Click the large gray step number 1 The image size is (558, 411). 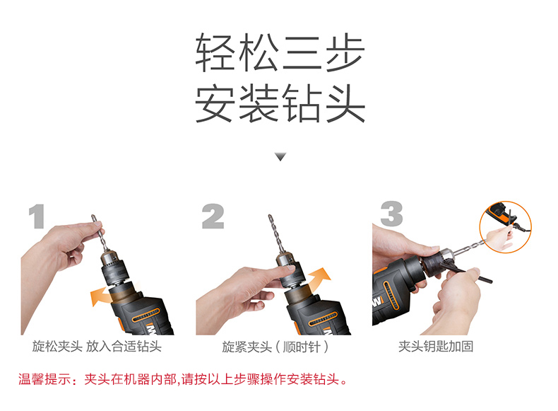click(37, 216)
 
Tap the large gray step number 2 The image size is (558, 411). click(213, 216)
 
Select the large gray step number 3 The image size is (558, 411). click(391, 214)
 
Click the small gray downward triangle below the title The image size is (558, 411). click(280, 156)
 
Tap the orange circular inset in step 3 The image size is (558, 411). click(505, 226)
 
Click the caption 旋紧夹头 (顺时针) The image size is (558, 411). click(275, 347)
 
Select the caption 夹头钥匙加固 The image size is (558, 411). click(436, 346)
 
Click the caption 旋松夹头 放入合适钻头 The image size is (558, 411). click(97, 346)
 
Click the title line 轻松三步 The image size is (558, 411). click(280, 53)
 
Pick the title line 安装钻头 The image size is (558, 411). click(280, 103)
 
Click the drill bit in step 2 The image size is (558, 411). click(276, 233)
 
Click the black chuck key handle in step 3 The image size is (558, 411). click(476, 277)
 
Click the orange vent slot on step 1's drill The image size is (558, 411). click(146, 315)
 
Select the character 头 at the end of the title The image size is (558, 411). click(346, 103)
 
